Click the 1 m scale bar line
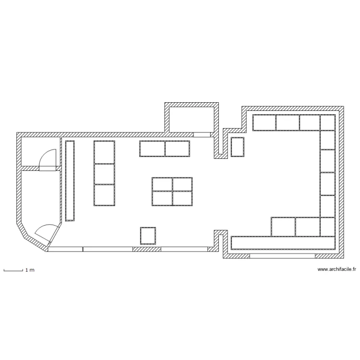(13, 271)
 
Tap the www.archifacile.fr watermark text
(336, 269)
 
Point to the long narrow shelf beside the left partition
(70, 181)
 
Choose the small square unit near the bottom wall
(148, 236)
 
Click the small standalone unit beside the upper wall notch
(238, 147)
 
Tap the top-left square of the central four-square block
(162, 184)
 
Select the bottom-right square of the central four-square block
(182, 198)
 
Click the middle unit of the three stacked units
(104, 174)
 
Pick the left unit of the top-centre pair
(152, 149)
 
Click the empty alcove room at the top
(192, 120)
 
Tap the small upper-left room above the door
(40, 152)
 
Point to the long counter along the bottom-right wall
(283, 243)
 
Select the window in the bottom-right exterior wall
(282, 256)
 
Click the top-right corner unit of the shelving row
(328, 122)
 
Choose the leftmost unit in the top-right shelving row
(264, 122)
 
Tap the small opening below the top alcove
(202, 135)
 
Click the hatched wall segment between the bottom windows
(147, 249)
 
